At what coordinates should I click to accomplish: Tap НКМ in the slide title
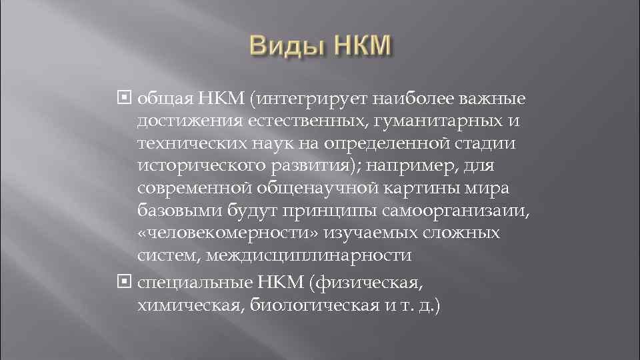tap(357, 47)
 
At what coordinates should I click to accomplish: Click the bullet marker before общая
tap(127, 99)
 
